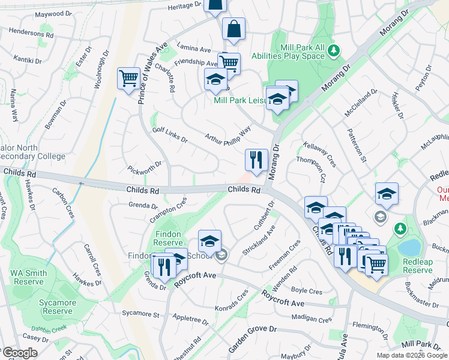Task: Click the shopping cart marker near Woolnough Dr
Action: pos(129,79)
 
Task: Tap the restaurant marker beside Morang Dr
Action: pos(256,160)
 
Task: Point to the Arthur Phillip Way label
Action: pos(228,136)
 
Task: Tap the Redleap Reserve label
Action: pos(426,266)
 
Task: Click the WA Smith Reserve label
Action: pos(28,277)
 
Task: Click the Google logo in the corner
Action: pos(20,353)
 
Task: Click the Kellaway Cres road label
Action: pos(320,154)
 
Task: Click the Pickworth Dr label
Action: pos(145,166)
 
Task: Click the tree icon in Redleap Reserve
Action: pos(399,228)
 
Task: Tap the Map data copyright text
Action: pos(412,355)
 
